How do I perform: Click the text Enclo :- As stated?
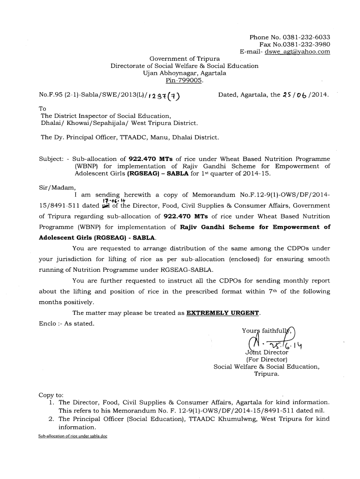click(x=66, y=323)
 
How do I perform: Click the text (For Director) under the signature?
click(x=266, y=360)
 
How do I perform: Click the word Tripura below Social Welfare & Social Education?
click(x=266, y=374)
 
